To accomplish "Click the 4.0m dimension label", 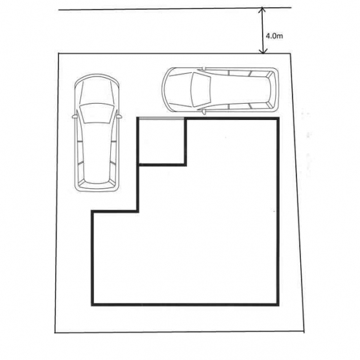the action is [x=274, y=36].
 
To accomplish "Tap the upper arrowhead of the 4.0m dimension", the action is [x=262, y=10].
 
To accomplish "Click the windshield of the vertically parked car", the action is [x=97, y=114].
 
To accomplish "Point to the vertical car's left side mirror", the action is [x=74, y=116].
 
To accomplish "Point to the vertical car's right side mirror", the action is [x=119, y=116].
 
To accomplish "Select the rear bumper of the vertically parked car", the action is [x=97, y=187].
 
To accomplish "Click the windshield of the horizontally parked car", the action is [x=200, y=90].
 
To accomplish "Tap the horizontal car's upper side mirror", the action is [x=204, y=68].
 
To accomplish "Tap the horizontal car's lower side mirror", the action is [x=204, y=112].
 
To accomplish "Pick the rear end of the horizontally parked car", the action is [x=274, y=90].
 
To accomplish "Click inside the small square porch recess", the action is [x=162, y=141].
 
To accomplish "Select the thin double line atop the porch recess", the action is [x=162, y=118].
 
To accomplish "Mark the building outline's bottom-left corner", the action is [x=93, y=305].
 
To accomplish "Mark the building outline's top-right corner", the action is [x=278, y=119].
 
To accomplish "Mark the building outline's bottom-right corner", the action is [x=278, y=305].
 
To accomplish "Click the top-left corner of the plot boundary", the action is [x=59, y=53].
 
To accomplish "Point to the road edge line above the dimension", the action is [x=175, y=8].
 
